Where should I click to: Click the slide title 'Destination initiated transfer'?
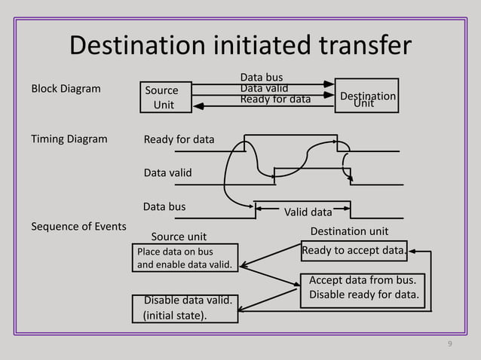pos(240,45)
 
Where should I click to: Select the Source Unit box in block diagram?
pos(164,98)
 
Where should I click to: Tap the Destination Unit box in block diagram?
pos(366,96)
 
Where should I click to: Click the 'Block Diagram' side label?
pos(66,89)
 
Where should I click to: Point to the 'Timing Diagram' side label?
pos(69,139)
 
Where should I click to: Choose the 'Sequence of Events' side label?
pos(78,226)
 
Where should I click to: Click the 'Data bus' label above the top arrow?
pos(262,78)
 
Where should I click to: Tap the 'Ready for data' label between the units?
pos(275,99)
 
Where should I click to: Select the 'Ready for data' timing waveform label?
pos(179,139)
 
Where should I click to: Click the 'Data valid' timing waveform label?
pos(167,173)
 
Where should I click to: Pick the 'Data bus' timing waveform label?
pos(164,206)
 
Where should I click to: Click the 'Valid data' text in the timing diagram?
pos(308,212)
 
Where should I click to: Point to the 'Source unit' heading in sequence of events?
pos(179,237)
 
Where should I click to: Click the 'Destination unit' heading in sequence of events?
pos(350,230)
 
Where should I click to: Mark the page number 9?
pos(450,344)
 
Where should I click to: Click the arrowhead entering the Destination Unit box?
pos(329,84)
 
